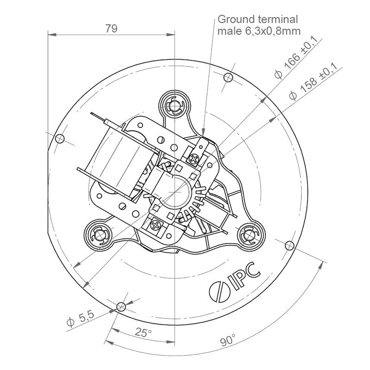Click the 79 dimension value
111,28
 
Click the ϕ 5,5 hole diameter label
80,318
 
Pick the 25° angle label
143,332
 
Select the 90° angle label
228,339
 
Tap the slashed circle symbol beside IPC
220,292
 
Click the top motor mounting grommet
174,105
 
